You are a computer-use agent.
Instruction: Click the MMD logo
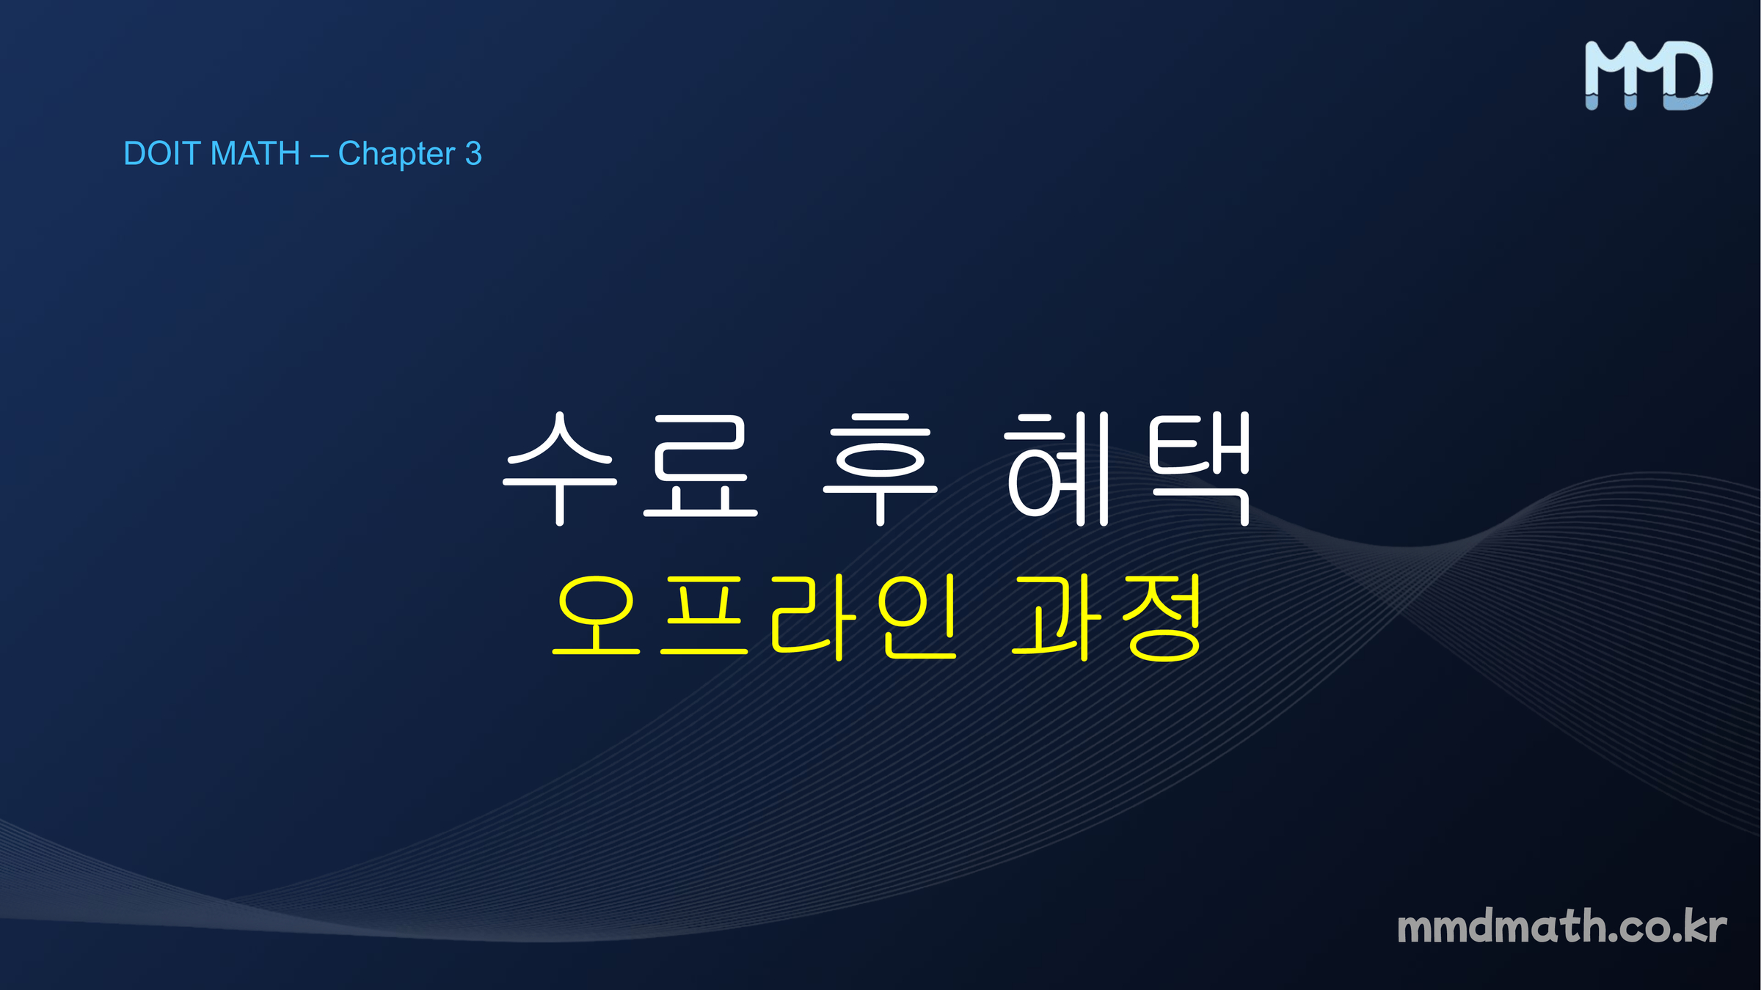point(1649,76)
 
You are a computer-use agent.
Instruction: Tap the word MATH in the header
point(255,154)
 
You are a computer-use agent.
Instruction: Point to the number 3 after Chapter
point(473,154)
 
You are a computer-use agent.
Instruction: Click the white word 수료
point(630,469)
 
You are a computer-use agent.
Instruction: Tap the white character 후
point(880,469)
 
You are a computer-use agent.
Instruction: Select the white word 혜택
point(1128,469)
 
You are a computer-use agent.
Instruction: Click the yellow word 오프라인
point(754,617)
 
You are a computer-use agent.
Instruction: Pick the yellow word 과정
point(1106,617)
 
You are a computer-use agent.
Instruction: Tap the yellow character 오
point(596,615)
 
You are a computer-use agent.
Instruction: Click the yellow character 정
point(1163,617)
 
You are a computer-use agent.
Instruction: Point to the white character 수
point(560,469)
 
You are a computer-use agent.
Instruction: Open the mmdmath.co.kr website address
point(1561,926)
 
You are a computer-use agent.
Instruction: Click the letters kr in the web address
point(1705,926)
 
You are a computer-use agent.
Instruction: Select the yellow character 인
point(917,617)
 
